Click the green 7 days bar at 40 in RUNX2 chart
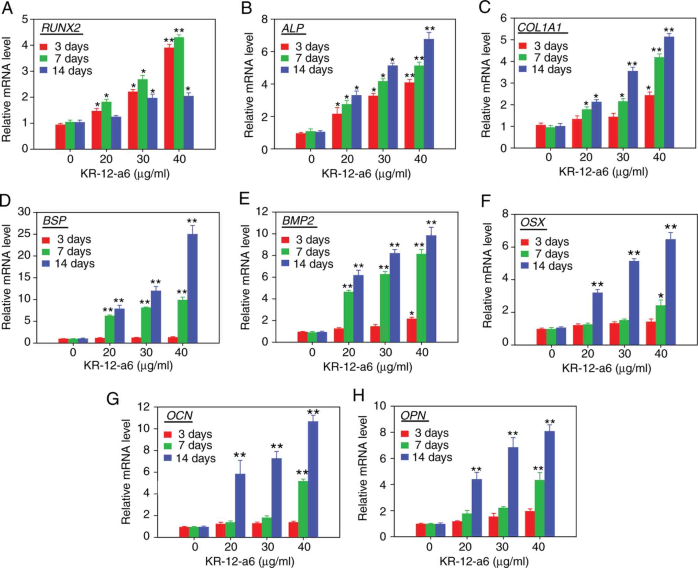[x=179, y=93]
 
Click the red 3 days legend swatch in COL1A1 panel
[x=523, y=46]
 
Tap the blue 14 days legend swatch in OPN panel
[x=406, y=457]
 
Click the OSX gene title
[x=533, y=222]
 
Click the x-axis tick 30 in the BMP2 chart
[x=386, y=353]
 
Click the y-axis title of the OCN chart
[x=126, y=471]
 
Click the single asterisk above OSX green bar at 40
[x=661, y=296]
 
